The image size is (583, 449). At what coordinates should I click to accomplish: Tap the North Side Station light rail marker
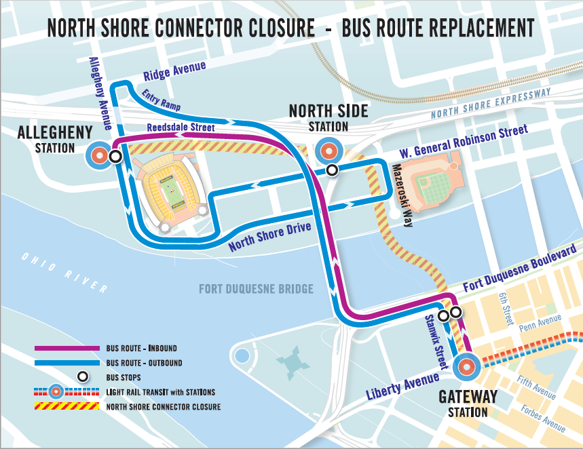pos(328,151)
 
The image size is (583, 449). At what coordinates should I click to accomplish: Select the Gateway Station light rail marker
pos(466,367)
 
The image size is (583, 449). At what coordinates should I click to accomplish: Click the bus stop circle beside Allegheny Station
pos(115,157)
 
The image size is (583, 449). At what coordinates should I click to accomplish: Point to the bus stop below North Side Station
pos(331,170)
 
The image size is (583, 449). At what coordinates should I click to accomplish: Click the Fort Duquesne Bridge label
pos(256,290)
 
